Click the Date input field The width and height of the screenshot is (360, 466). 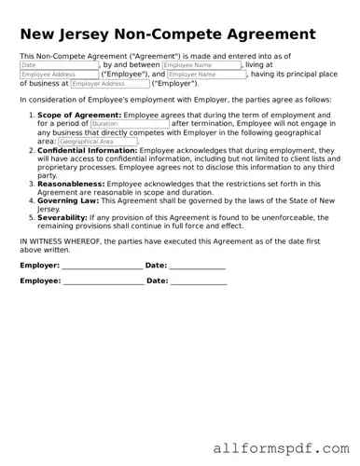click(x=58, y=66)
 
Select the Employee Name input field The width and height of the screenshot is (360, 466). click(x=201, y=66)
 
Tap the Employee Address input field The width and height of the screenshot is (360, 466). click(x=58, y=75)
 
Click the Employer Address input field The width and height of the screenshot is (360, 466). click(x=109, y=84)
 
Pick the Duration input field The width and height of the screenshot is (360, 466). click(x=130, y=123)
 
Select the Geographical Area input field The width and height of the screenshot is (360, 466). click(x=96, y=142)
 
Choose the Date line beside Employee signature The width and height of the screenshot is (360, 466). click(x=199, y=281)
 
